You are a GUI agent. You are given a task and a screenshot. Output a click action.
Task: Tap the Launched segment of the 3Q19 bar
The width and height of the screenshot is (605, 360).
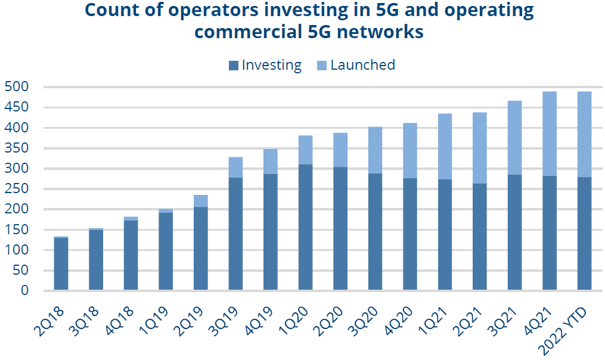coord(235,167)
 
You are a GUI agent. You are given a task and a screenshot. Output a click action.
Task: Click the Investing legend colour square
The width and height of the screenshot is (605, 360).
coord(234,66)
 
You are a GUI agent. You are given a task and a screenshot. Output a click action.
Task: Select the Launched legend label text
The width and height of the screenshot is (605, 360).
coord(362,65)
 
